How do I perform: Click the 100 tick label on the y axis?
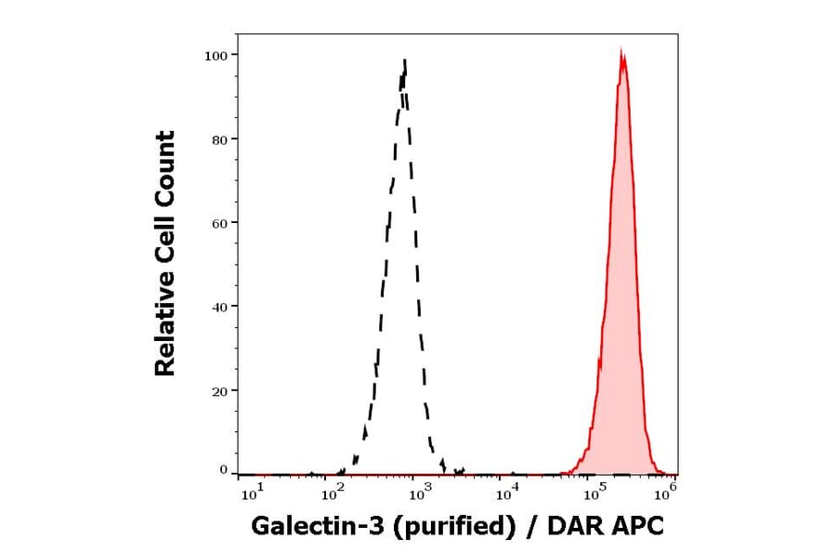tap(216, 56)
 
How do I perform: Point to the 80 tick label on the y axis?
tap(219, 139)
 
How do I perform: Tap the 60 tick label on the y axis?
tap(219, 223)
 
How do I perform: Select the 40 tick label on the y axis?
tap(219, 307)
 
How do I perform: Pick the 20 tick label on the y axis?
tap(219, 390)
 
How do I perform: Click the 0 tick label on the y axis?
tap(223, 470)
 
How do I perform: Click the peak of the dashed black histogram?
tap(405, 61)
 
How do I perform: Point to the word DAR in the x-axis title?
tap(573, 526)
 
